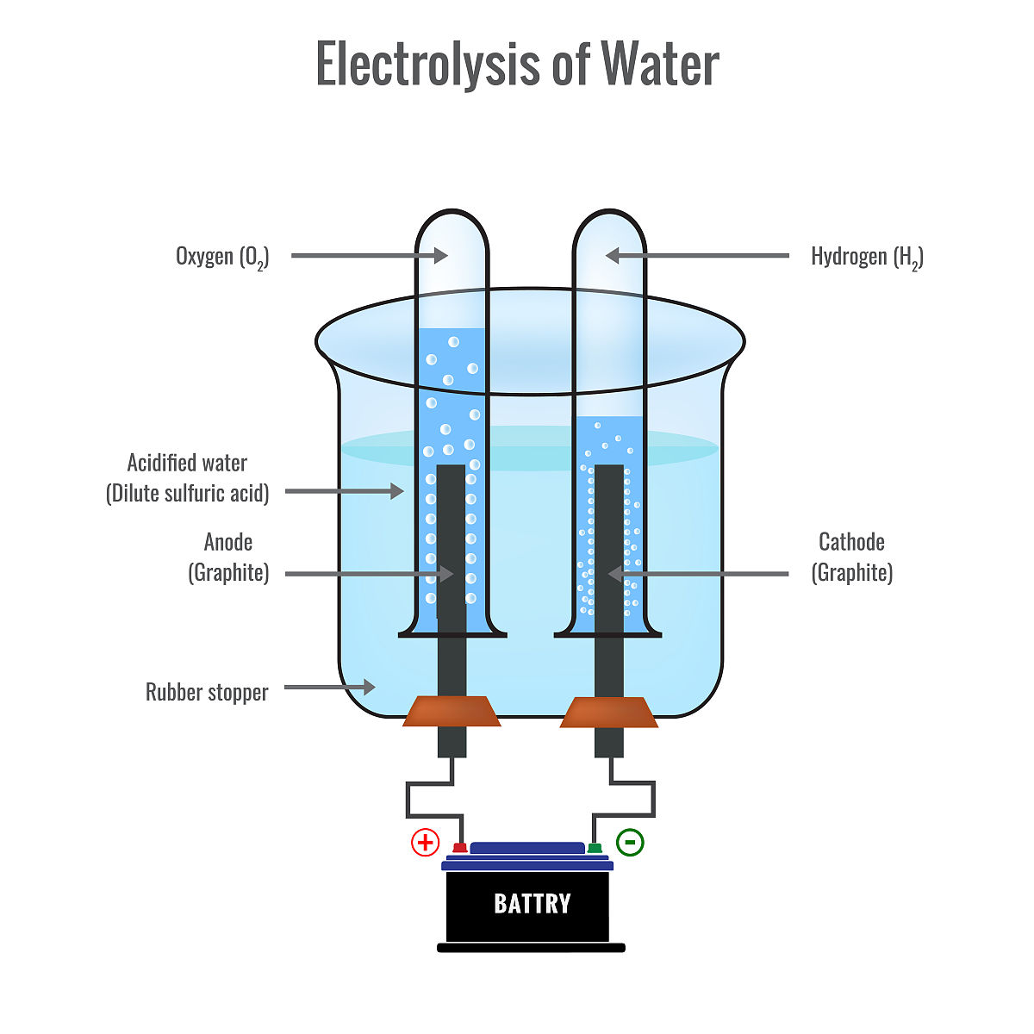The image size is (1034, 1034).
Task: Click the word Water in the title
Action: click(x=659, y=64)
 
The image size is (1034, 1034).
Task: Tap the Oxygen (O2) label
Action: click(x=222, y=257)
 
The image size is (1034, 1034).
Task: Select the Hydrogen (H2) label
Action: click(x=867, y=257)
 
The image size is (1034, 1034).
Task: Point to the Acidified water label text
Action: click(x=187, y=463)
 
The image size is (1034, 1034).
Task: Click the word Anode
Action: click(x=228, y=542)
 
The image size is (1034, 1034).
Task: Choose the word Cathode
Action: click(x=851, y=542)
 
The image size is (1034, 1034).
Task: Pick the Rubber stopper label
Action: click(x=207, y=692)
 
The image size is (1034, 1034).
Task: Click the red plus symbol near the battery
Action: click(x=425, y=842)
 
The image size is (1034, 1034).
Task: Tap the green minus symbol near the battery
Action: click(x=631, y=841)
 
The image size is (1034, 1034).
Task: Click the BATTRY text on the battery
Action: click(x=532, y=903)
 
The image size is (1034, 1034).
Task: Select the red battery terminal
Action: click(x=460, y=848)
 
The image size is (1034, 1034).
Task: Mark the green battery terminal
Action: click(x=595, y=848)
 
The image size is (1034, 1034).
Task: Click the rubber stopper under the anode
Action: click(x=452, y=711)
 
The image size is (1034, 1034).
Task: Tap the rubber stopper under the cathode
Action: click(x=609, y=712)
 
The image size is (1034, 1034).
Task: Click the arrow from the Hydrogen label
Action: click(x=697, y=255)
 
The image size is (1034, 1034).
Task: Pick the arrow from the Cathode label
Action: click(x=698, y=573)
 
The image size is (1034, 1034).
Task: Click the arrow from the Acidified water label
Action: click(x=344, y=491)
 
